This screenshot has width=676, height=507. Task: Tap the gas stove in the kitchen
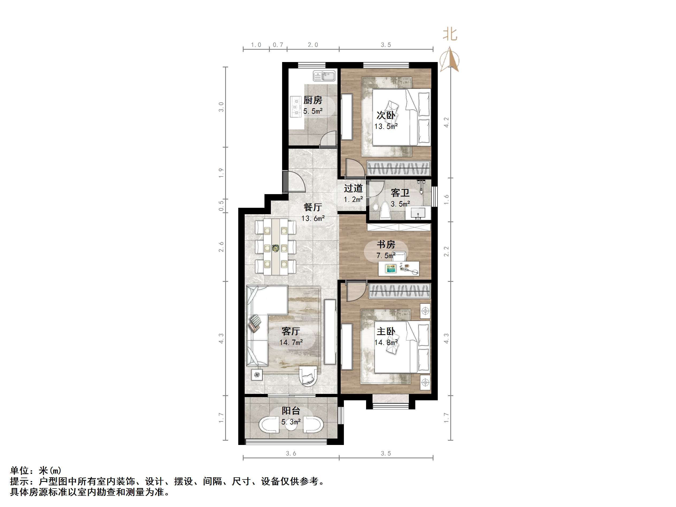tap(295, 107)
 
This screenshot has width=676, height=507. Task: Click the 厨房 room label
tap(313, 100)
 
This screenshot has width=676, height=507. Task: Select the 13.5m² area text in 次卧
tap(386, 126)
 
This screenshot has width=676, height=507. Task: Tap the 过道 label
tap(353, 189)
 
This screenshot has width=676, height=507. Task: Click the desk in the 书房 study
tap(398, 268)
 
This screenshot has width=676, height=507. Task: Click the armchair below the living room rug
tap(308, 376)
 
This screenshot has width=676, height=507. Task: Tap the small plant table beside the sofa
tap(256, 374)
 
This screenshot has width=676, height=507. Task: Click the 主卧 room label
tap(386, 331)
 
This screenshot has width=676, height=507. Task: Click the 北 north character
tap(450, 34)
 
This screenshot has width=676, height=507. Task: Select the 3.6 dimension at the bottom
tap(291, 454)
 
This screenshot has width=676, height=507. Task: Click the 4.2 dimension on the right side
tap(447, 122)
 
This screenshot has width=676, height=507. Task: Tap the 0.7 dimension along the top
tap(278, 45)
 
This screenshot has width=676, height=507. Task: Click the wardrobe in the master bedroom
tap(400, 291)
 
